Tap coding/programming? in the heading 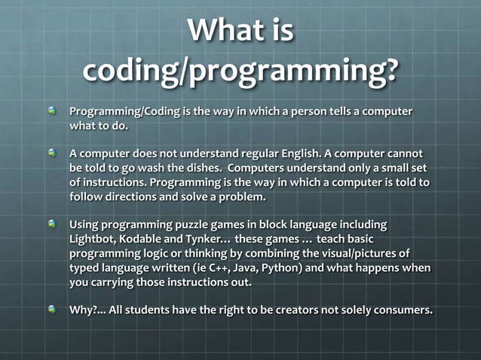coord(240,72)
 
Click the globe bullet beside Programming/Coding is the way coord(52,111)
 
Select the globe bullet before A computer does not coord(52,153)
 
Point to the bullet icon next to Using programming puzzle coord(52,224)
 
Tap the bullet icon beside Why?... coord(52,310)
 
